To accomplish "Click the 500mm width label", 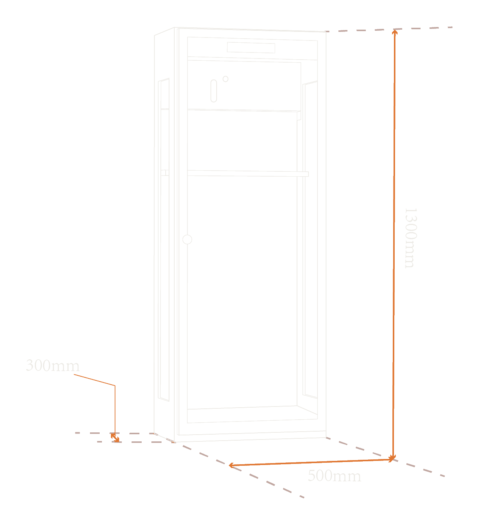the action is click(x=334, y=476).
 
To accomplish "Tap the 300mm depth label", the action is click(x=52, y=365).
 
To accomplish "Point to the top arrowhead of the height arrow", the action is click(x=395, y=31).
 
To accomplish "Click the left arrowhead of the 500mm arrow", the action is click(x=231, y=465).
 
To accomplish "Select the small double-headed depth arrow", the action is click(x=115, y=438).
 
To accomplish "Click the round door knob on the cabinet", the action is click(x=187, y=239).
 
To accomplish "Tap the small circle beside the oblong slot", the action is click(x=225, y=79).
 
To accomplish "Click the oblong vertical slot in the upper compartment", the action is click(x=214, y=91).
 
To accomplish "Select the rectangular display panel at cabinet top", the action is click(x=251, y=48).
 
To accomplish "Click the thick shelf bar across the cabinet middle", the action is click(x=248, y=173).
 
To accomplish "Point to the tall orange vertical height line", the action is click(x=394, y=246).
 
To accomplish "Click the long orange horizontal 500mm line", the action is click(x=311, y=462).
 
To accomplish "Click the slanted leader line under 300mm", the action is click(x=94, y=380).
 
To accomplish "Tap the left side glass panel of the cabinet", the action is click(x=163, y=240).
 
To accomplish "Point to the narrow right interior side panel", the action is click(x=310, y=240).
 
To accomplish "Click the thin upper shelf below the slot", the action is click(x=244, y=111).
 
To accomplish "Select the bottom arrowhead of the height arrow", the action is click(x=393, y=459).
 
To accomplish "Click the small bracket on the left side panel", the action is click(x=165, y=173).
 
